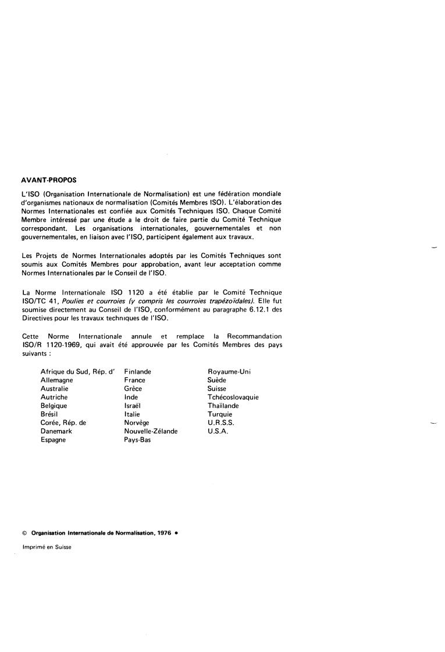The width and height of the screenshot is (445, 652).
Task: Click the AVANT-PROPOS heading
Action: tap(48, 180)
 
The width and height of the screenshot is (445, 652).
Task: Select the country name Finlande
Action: tap(138, 371)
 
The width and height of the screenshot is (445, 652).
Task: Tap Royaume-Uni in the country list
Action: tap(229, 371)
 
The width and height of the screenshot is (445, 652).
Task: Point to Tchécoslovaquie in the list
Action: tap(233, 397)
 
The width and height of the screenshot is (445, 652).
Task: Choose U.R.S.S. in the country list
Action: tap(220, 423)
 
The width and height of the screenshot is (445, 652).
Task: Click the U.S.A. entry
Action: tap(218, 432)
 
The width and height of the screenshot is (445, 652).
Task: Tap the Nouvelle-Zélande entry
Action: tap(151, 432)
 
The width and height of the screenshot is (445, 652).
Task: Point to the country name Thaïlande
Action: tap(223, 406)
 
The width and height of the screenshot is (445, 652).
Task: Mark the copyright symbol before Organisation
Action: tap(24, 533)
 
